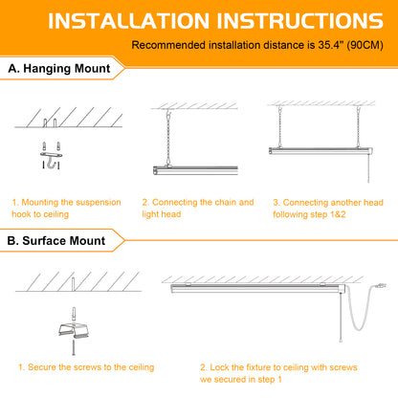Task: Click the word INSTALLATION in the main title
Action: (x=128, y=21)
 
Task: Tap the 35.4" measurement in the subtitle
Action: (x=330, y=45)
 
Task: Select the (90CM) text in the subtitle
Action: (x=365, y=45)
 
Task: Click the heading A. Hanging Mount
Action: (x=59, y=69)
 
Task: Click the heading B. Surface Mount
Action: (x=56, y=241)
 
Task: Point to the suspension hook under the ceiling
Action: (x=51, y=160)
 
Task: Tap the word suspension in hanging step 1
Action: (x=99, y=203)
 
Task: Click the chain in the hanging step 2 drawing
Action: (x=168, y=138)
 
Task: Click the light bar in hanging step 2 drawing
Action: (x=195, y=170)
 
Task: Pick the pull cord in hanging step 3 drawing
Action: (x=368, y=169)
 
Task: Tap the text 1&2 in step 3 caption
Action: (x=338, y=214)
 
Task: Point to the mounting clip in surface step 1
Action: (x=74, y=329)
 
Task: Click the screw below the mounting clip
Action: (x=74, y=347)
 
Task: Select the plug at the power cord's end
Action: (x=380, y=285)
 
